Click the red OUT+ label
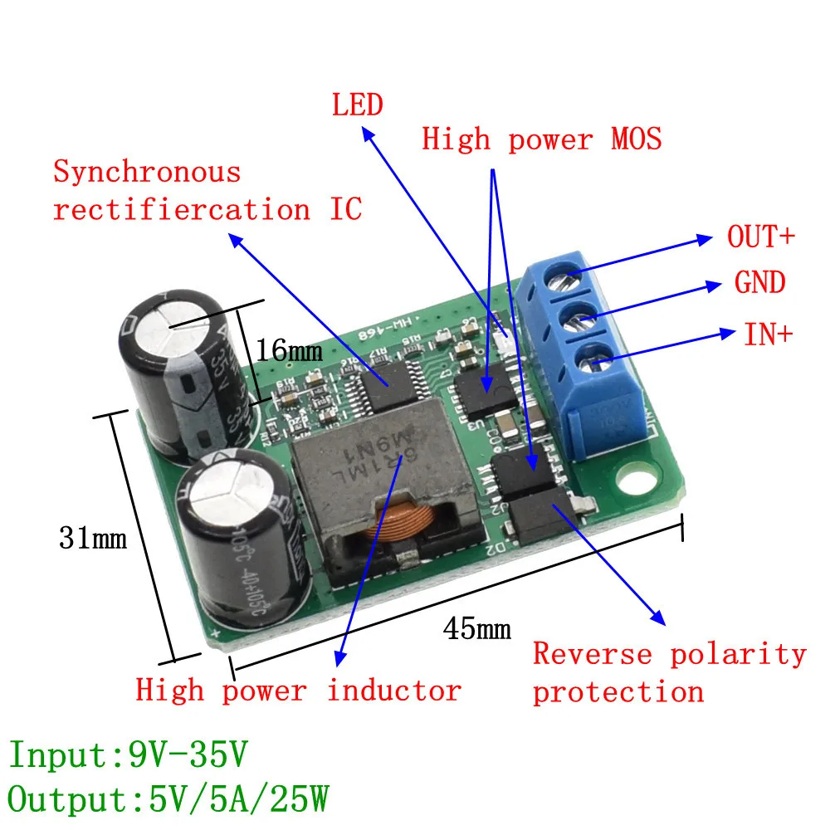[x=760, y=237]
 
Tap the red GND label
[x=759, y=283]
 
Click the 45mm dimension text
[x=476, y=628]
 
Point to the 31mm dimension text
[x=93, y=539]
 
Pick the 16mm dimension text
[x=288, y=350]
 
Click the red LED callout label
[x=358, y=105]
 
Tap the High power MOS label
[x=541, y=139]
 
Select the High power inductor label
[x=298, y=690]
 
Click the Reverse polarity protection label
[x=668, y=672]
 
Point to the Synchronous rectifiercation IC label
[x=207, y=191]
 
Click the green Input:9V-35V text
[x=129, y=755]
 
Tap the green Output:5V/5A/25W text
[x=168, y=801]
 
